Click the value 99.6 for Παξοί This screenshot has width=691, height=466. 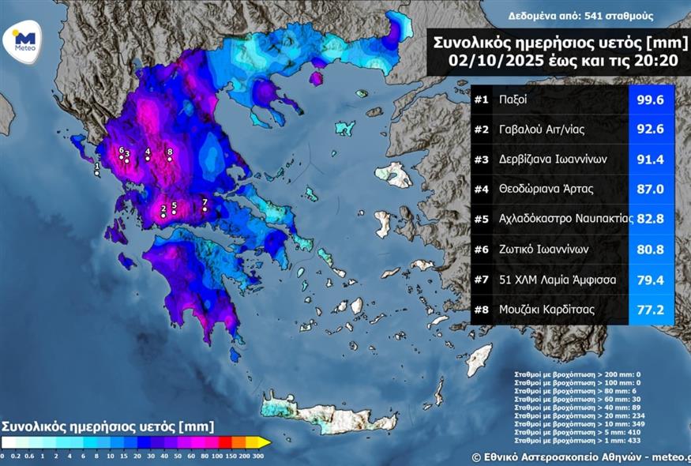(x=651, y=100)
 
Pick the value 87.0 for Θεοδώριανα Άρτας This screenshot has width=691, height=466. (x=651, y=190)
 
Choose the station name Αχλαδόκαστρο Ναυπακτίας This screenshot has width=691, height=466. (x=565, y=220)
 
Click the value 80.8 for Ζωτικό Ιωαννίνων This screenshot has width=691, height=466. (x=651, y=250)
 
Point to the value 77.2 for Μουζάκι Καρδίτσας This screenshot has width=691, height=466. (x=651, y=310)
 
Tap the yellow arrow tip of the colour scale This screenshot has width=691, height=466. (x=266, y=442)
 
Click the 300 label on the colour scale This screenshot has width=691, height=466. (x=258, y=456)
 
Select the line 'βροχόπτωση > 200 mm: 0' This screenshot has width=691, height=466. (x=575, y=371)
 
